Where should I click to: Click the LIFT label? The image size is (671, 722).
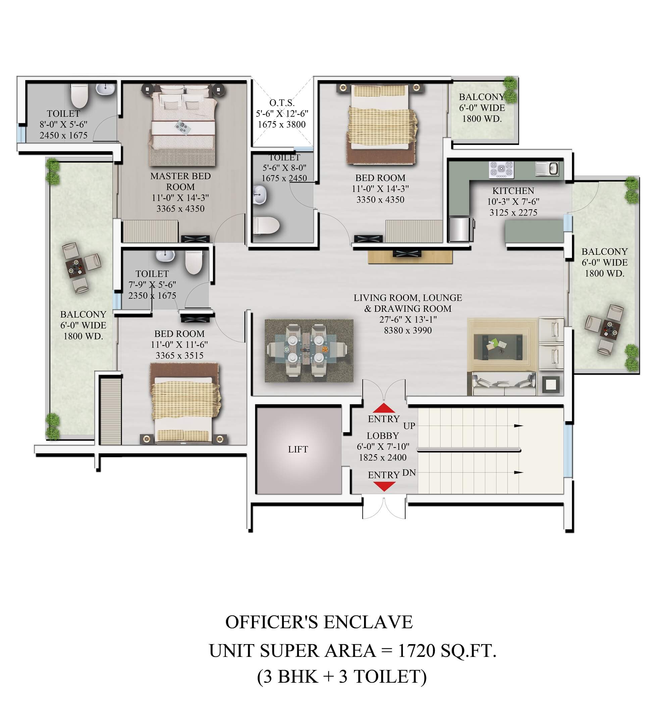tap(298, 449)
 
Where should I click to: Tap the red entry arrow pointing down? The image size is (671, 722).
tap(384, 486)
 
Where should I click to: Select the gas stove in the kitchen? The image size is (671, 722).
tap(501, 169)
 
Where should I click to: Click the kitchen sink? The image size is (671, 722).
tap(547, 169)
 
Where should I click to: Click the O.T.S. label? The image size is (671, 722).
tap(282, 103)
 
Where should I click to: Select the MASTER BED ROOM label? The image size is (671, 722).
tap(180, 181)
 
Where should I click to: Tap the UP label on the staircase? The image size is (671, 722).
tap(409, 426)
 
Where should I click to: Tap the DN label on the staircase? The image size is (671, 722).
tap(409, 473)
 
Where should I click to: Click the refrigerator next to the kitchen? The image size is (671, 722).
tap(461, 229)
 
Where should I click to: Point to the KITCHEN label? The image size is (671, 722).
tap(513, 191)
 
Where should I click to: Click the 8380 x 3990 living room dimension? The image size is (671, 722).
tap(408, 330)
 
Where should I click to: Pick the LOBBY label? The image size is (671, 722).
tap(383, 435)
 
